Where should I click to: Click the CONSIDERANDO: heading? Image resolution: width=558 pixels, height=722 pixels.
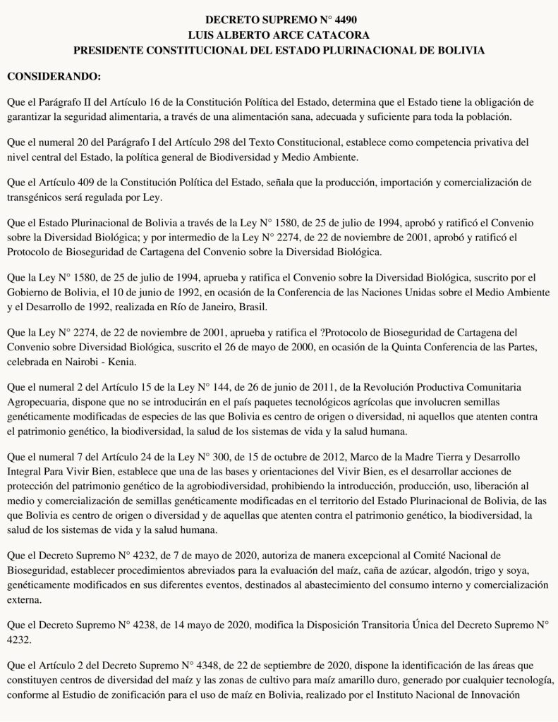[x=54, y=75]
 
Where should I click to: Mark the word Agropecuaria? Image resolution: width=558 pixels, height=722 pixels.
[x=38, y=402]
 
